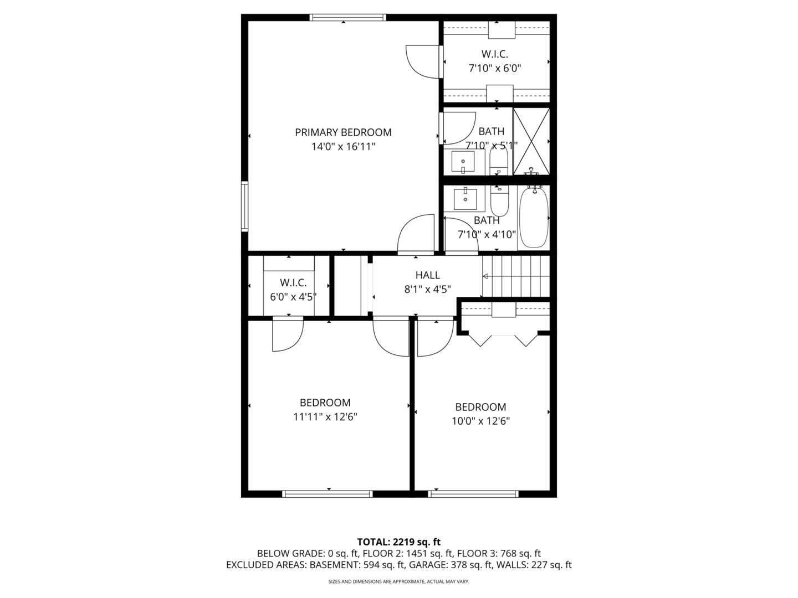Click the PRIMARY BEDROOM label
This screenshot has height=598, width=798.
(343, 132)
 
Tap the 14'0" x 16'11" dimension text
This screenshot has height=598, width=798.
(343, 147)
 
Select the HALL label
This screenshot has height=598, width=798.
(427, 275)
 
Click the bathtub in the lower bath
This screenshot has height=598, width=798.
(534, 218)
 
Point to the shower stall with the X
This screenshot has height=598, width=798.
(531, 142)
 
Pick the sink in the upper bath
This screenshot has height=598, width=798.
(463, 162)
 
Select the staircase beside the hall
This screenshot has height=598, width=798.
(516, 276)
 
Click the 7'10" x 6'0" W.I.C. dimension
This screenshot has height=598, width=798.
(494, 68)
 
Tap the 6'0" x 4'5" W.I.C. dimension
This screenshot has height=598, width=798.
(293, 297)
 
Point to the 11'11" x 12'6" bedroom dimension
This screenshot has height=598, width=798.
(325, 417)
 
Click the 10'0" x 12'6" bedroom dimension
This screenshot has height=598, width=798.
(480, 421)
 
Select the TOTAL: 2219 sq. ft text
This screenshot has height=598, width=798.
(398, 542)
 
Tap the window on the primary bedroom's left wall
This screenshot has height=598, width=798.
(244, 207)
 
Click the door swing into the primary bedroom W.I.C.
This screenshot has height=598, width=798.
(422, 61)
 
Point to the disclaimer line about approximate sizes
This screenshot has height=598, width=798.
(398, 582)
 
